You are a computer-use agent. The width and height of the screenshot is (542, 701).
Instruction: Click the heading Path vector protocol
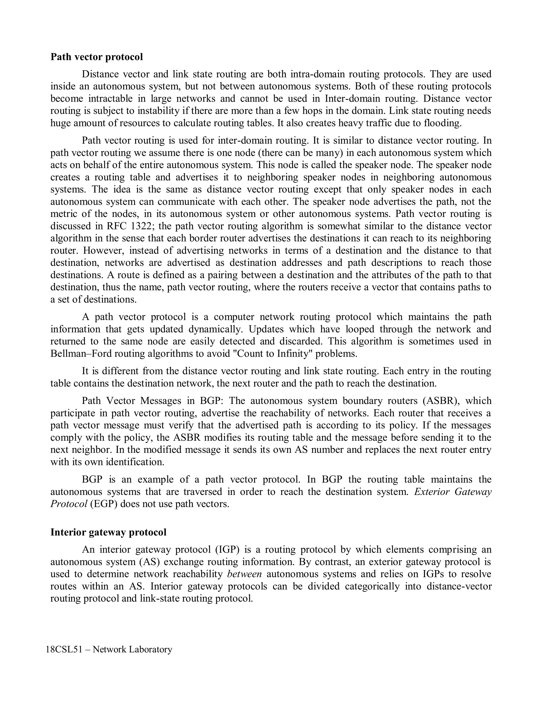pyautogui.click(x=97, y=57)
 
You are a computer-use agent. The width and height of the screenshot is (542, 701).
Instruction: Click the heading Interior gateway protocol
pyautogui.click(x=108, y=532)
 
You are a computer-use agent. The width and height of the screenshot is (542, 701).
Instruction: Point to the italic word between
pyautogui.click(x=244, y=574)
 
